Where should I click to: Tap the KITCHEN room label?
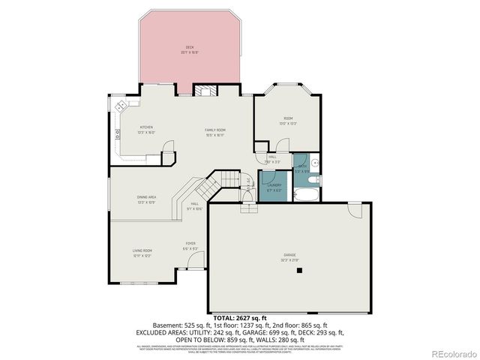(146, 127)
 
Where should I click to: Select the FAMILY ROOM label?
(215, 130)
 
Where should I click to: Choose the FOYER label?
(191, 244)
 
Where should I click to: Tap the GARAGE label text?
(289, 255)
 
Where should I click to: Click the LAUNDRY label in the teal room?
(274, 184)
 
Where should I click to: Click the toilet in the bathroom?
(315, 163)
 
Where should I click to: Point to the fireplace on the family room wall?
(204, 91)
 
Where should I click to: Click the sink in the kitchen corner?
(133, 103)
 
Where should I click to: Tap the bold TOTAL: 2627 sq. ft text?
(239, 319)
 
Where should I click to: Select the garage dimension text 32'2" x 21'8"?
(289, 260)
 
